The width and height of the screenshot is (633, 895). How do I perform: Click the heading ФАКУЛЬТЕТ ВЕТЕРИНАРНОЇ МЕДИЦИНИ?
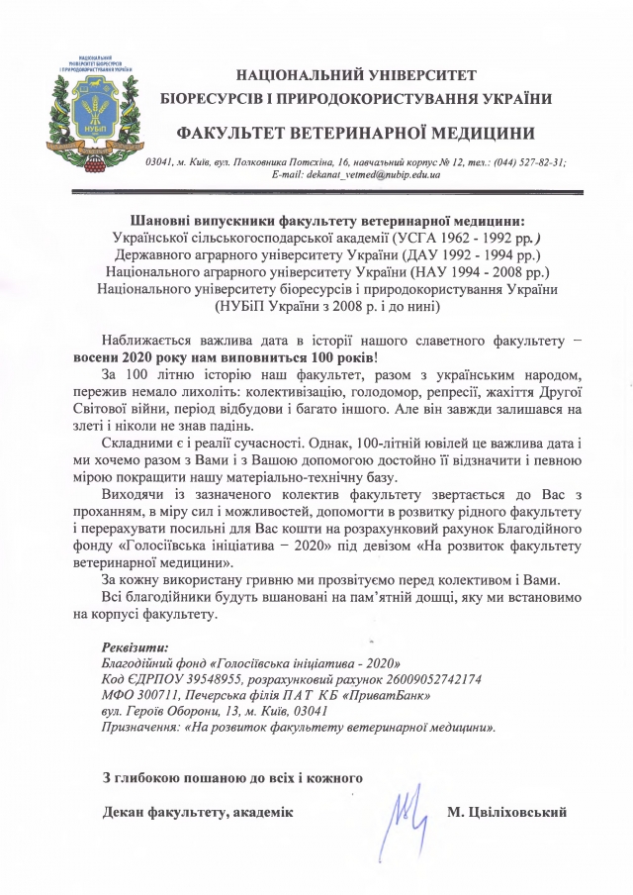357,133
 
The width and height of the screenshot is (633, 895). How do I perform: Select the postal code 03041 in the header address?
160,162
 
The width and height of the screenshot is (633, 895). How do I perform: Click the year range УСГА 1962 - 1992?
457,237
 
